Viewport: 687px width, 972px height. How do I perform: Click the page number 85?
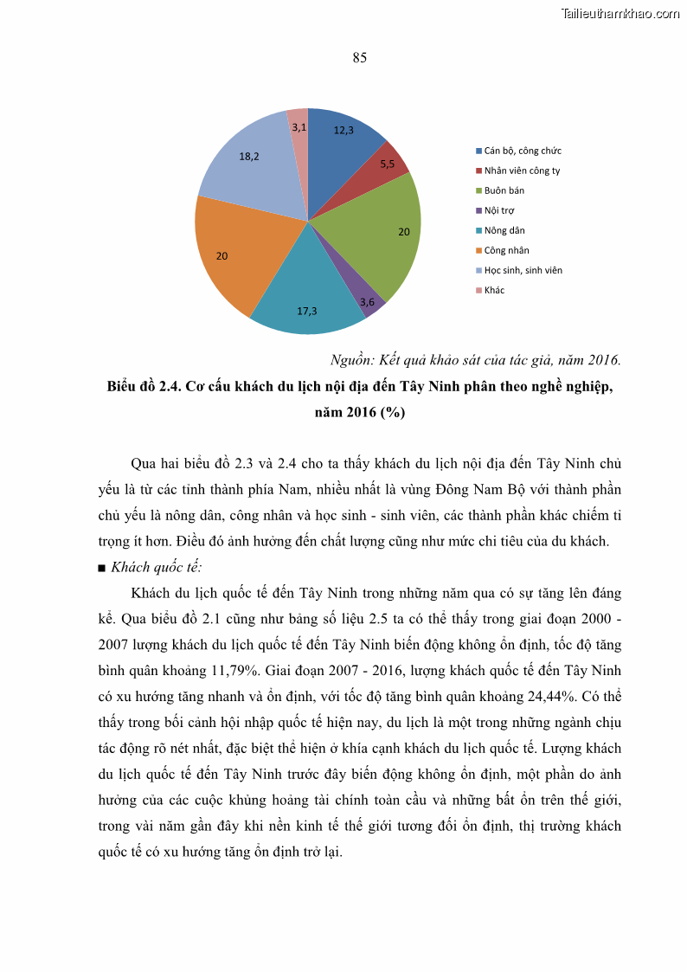[360, 58]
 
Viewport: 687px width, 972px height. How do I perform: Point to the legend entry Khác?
[494, 290]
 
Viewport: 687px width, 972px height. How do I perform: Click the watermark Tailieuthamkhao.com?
[620, 13]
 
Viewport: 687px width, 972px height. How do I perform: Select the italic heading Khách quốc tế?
[157, 568]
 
